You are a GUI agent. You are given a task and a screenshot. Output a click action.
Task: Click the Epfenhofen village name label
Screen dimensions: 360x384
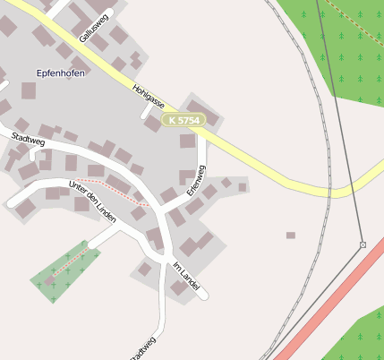pyautogui.click(x=61, y=73)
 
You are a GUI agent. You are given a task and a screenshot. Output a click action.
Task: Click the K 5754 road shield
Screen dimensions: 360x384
pyautogui.click(x=184, y=119)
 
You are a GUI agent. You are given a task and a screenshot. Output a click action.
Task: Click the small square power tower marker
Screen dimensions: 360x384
pyautogui.click(x=363, y=244)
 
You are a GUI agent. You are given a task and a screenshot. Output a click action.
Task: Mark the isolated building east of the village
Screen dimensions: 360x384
pyautogui.click(x=290, y=236)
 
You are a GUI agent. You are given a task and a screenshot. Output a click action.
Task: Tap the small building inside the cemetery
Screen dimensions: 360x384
pyautogui.click(x=50, y=281)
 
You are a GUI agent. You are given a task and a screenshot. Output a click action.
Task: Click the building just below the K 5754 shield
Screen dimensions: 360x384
pyautogui.click(x=187, y=141)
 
